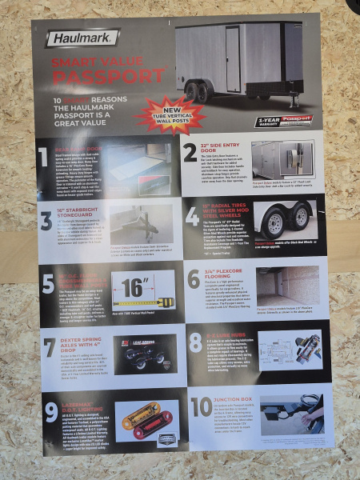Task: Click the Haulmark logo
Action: [x=82, y=38]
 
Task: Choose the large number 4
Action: [x=193, y=216]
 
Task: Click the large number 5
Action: [x=49, y=284]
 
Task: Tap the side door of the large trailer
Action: [x=232, y=58]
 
